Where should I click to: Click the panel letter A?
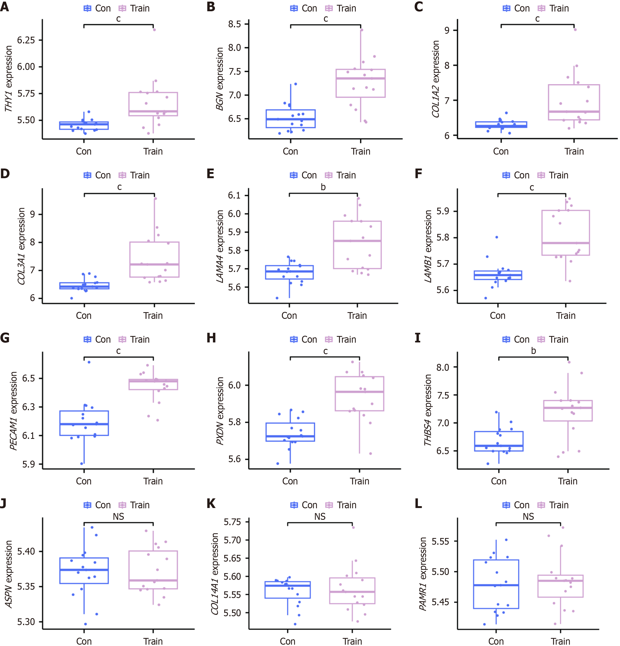pyautogui.click(x=5, y=7)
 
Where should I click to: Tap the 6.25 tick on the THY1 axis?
pyautogui.click(x=26, y=40)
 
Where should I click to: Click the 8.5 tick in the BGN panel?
pyautogui.click(x=234, y=24)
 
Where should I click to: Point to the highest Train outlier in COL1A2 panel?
pyautogui.click(x=575, y=30)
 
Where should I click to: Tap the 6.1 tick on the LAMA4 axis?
pyautogui.click(x=234, y=195)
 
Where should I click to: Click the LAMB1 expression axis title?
pyautogui.click(x=428, y=246)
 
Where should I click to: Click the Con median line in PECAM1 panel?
pyautogui.click(x=84, y=424)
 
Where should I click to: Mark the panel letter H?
pyautogui.click(x=211, y=338)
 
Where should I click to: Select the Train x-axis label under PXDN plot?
pyautogui.click(x=359, y=481)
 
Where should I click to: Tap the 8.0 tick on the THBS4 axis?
pyautogui.click(x=443, y=367)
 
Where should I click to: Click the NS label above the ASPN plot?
pyautogui.click(x=118, y=517)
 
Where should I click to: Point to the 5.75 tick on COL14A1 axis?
pyautogui.click(x=232, y=522)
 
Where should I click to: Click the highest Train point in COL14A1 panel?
pyautogui.click(x=353, y=527)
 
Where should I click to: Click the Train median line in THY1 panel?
pyautogui.click(x=153, y=111)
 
